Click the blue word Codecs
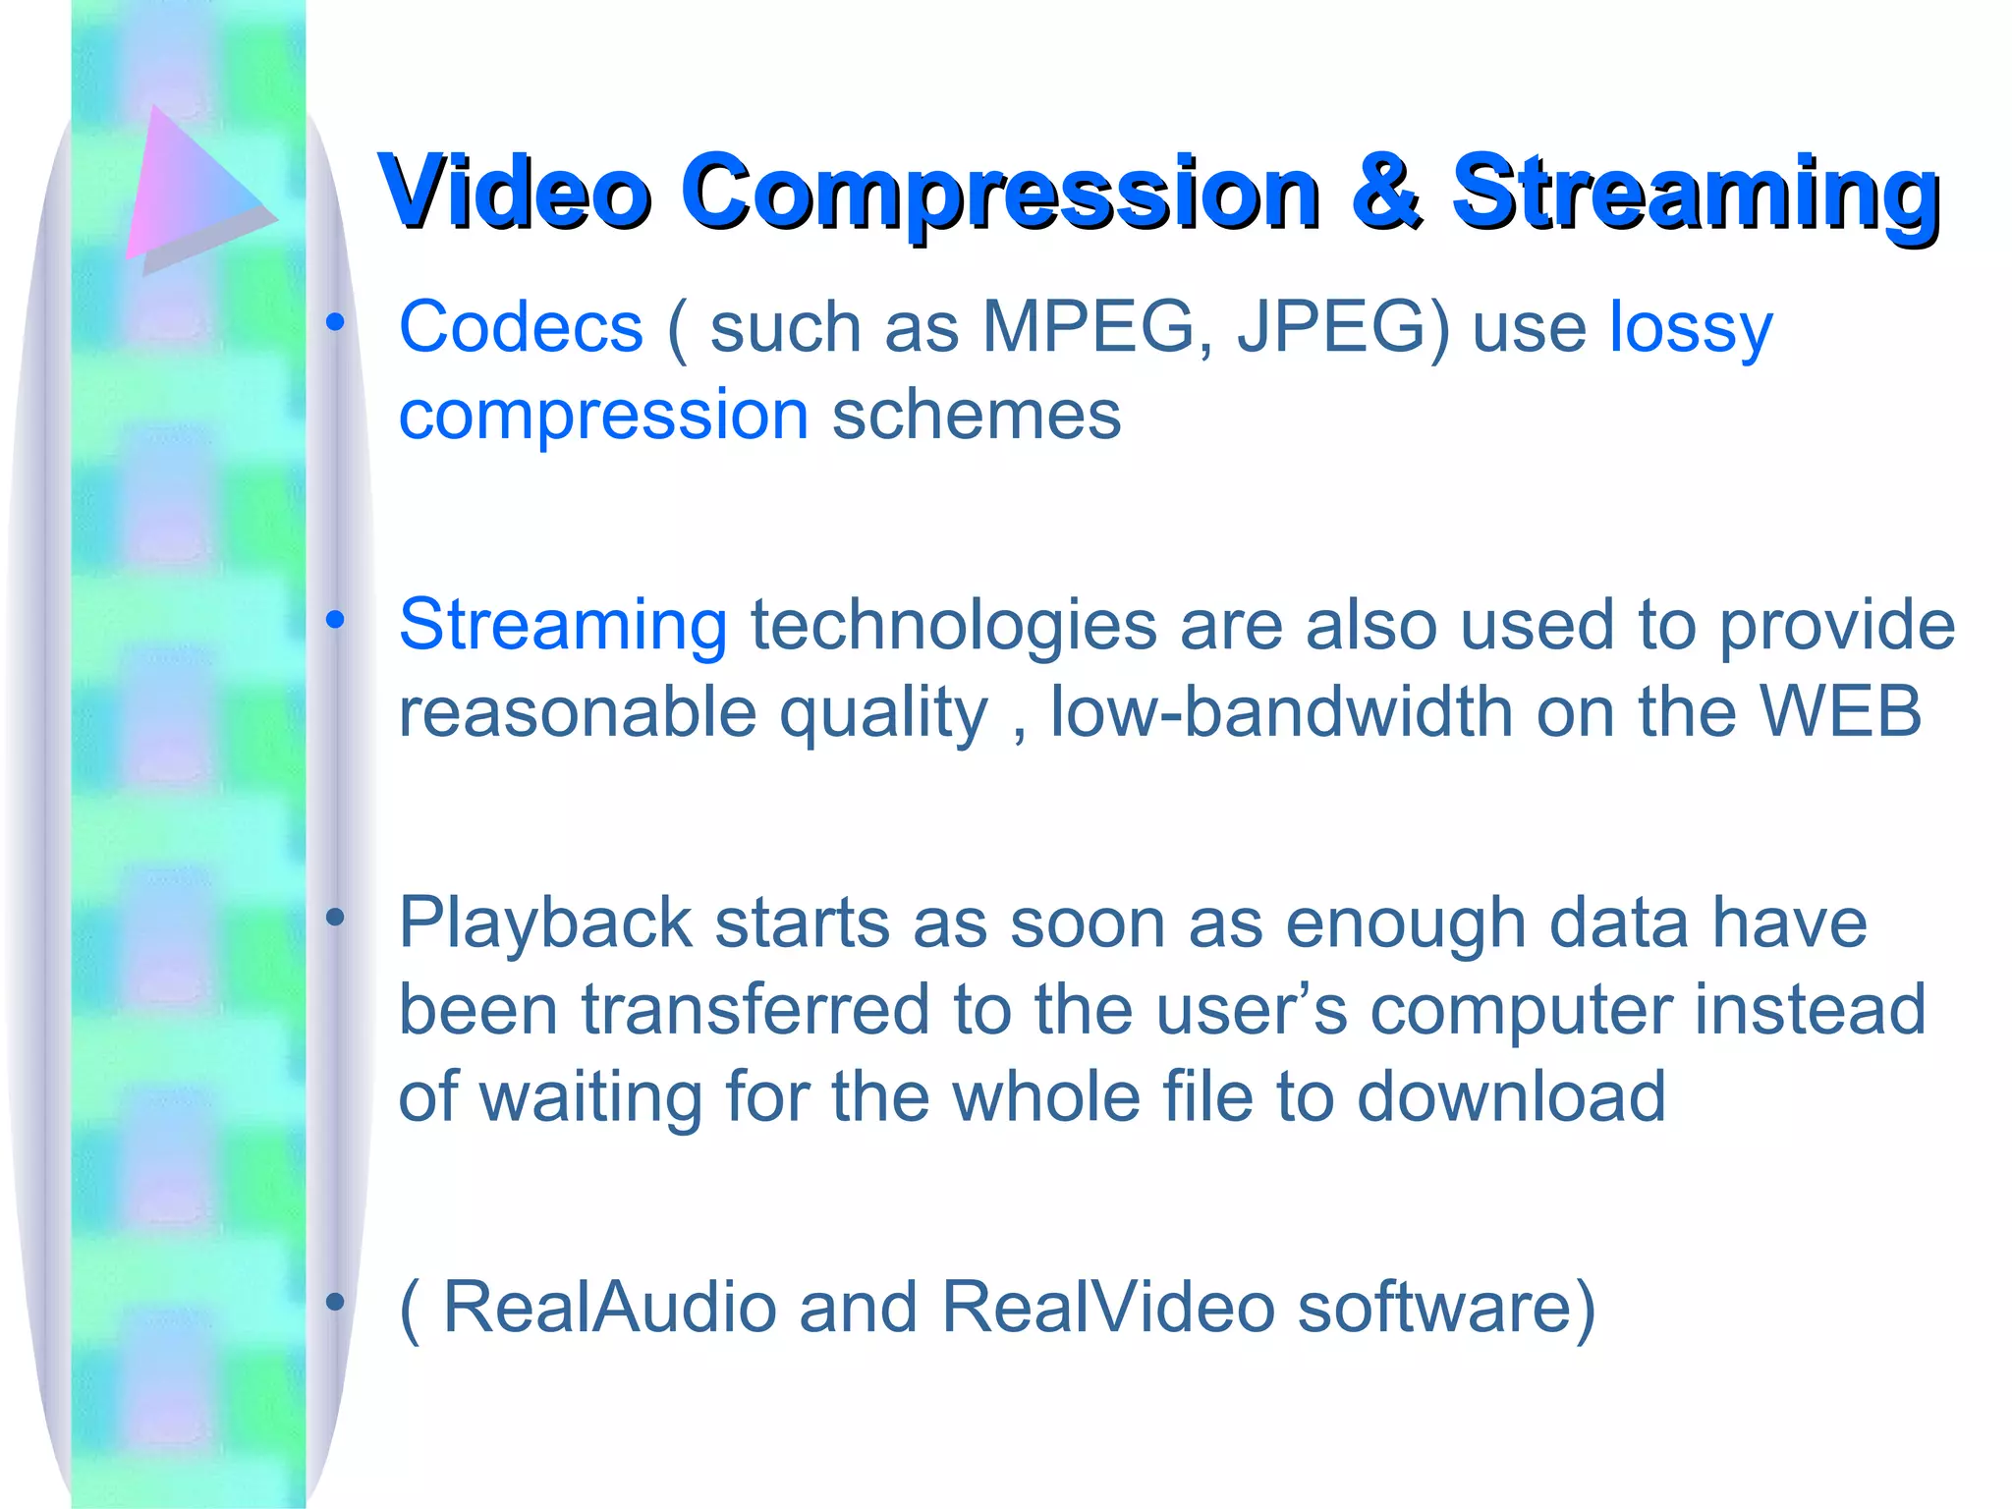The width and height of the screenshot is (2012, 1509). click(521, 327)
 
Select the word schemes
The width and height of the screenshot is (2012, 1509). click(977, 415)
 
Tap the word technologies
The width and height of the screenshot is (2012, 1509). click(954, 626)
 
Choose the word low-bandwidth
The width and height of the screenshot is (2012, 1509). click(1281, 712)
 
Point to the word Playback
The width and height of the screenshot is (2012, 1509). click(546, 924)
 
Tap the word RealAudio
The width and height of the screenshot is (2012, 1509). click(610, 1308)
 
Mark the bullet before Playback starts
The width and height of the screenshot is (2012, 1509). click(336, 918)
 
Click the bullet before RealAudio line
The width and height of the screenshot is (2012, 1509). click(336, 1302)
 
